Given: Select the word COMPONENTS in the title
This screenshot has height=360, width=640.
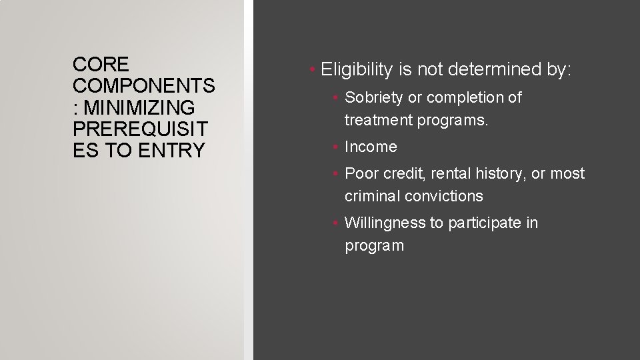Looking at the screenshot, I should pos(144,86).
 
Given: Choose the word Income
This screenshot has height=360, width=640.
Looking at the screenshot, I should pos(371,147).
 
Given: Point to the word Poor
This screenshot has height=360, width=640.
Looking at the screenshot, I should pos(361,173).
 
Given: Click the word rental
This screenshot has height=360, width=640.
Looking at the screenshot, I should pos(453,173).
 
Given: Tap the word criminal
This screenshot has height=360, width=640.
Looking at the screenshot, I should pos(371,196).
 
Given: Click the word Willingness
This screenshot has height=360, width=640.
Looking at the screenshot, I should pos(385,223).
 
